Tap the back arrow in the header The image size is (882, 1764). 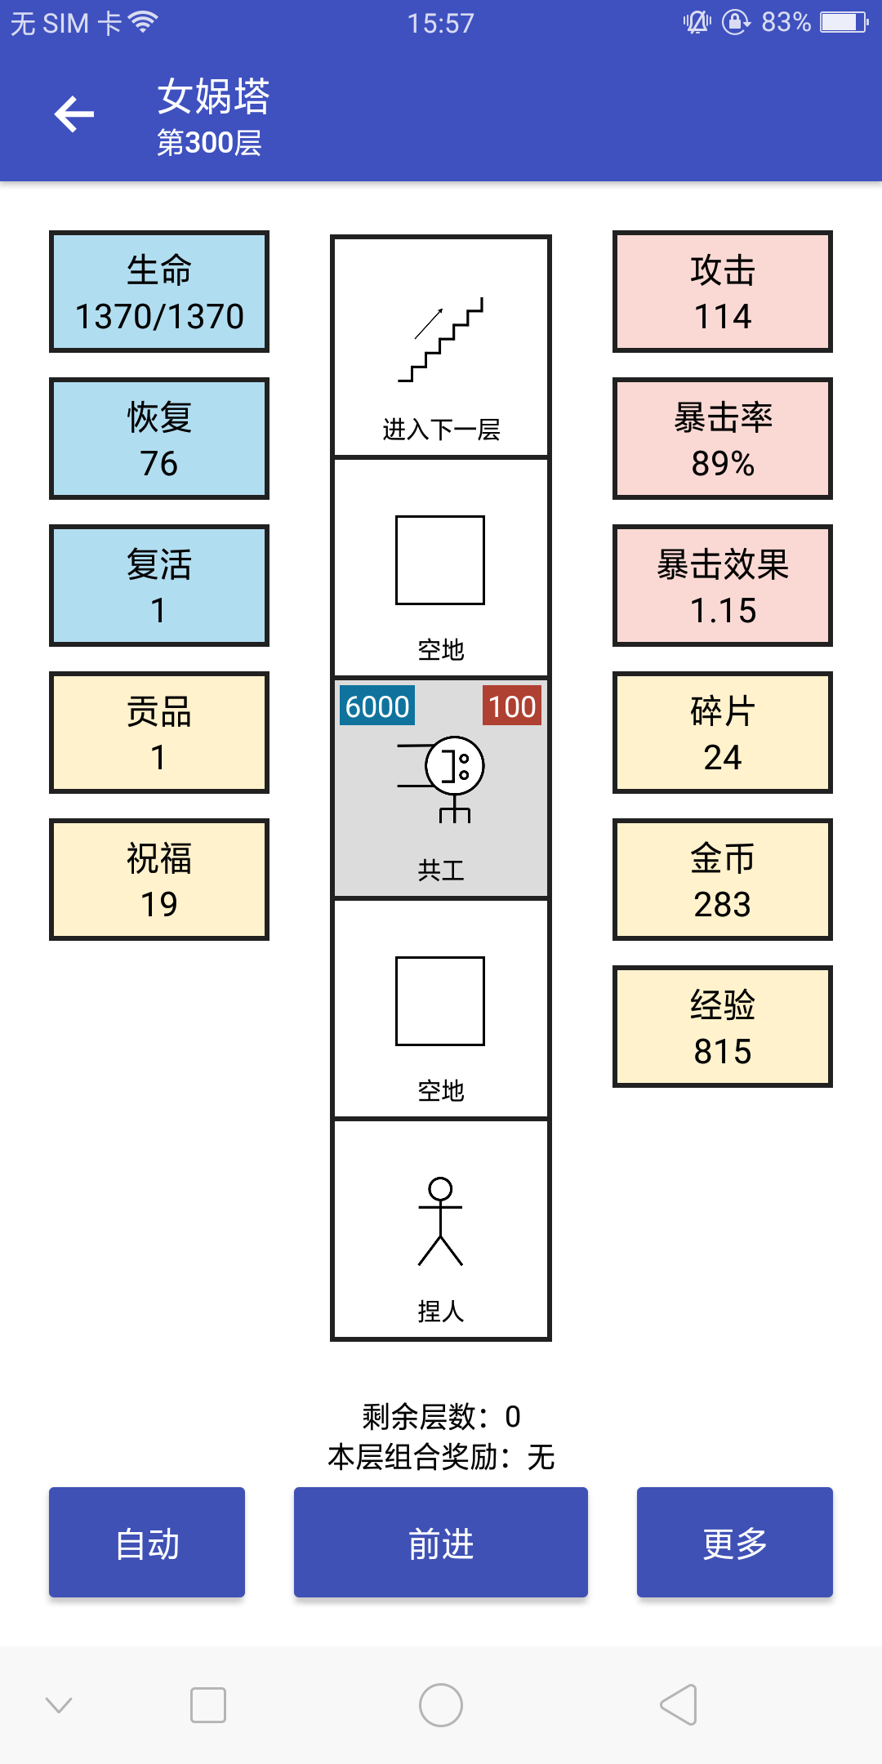[74, 114]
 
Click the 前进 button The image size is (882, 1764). [441, 1542]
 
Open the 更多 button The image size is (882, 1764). [735, 1542]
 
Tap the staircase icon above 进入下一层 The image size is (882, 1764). [441, 340]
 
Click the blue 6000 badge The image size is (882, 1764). [377, 706]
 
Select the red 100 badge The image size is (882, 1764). [512, 706]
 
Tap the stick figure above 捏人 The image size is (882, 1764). [441, 1222]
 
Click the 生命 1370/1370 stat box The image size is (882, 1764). [159, 292]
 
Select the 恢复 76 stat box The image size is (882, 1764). [159, 439]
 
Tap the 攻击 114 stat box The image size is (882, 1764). [723, 292]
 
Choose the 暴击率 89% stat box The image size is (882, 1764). [723, 439]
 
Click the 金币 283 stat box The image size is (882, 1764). [723, 880]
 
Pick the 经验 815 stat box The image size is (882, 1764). [723, 1027]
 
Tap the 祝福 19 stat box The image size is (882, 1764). [159, 880]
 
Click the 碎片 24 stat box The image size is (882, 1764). [723, 733]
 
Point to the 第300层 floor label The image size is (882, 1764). [209, 143]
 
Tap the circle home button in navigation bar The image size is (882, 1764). [441, 1705]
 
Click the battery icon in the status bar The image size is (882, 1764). [844, 22]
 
